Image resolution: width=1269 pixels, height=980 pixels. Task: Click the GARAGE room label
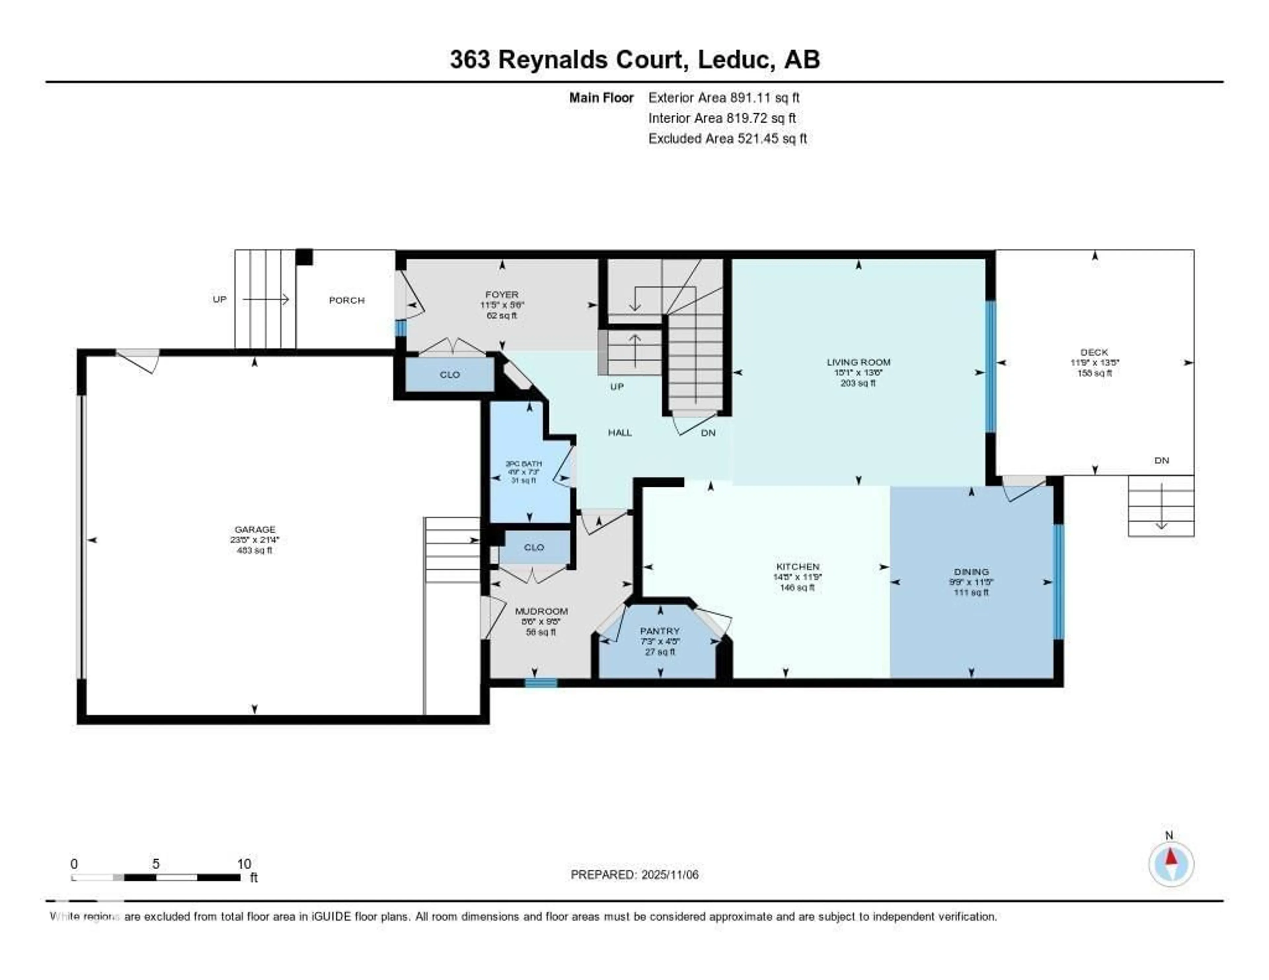(x=254, y=529)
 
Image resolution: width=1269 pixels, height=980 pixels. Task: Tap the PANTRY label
(x=660, y=631)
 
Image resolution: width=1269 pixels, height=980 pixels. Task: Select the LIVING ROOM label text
(x=858, y=362)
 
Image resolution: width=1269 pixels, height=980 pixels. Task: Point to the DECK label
(x=1094, y=352)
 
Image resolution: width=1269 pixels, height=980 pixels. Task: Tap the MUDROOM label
(x=541, y=611)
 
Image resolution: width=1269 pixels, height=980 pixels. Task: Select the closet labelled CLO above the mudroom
(x=533, y=547)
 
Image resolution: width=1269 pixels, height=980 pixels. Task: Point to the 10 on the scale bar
(x=244, y=864)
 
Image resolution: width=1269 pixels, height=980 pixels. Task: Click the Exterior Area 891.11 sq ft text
(x=723, y=97)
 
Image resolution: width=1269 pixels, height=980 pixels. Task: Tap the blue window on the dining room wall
(x=1059, y=582)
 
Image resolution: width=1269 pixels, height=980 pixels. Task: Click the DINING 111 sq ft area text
(x=971, y=592)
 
